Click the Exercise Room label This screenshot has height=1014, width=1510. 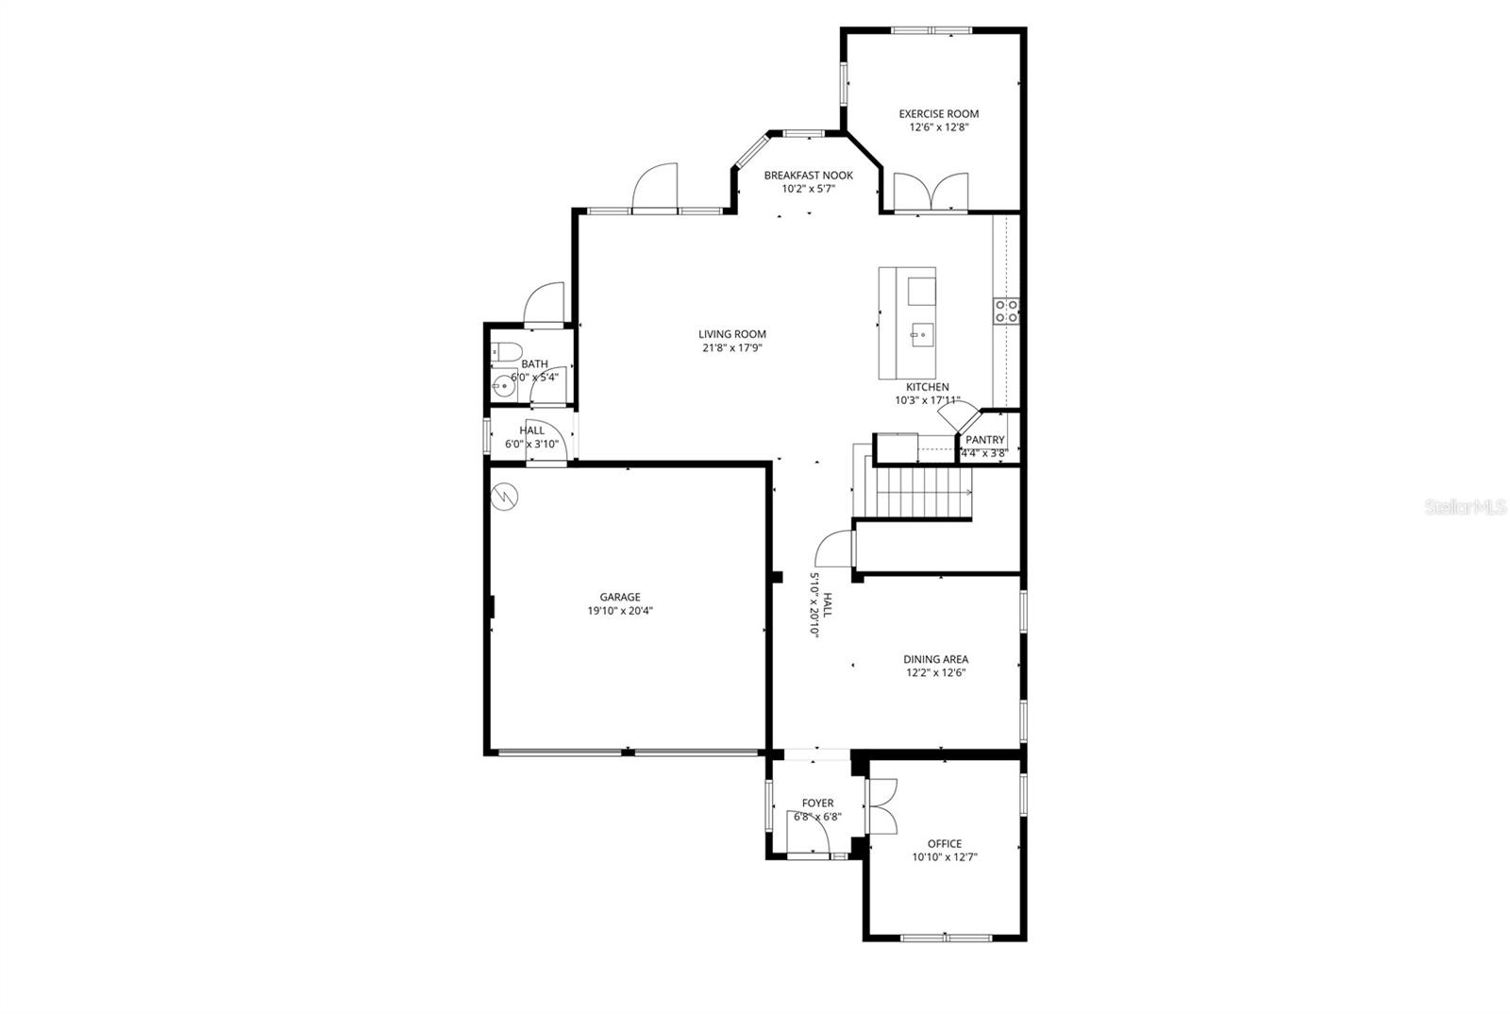point(938,114)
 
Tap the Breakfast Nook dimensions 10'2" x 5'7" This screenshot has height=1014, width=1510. point(808,189)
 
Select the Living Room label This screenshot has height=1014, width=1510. point(731,334)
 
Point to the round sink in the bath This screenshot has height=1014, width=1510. point(501,386)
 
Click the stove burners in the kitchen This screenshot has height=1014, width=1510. point(1006,311)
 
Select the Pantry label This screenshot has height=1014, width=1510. point(984,440)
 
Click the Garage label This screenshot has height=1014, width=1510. point(620,597)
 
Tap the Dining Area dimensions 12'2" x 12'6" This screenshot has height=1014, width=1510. point(934,673)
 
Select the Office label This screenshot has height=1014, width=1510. point(944,844)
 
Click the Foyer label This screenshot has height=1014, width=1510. point(817,803)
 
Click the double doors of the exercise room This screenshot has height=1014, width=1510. point(931,192)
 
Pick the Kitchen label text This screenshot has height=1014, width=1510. point(927,387)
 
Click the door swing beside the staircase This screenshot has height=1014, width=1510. point(835,548)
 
